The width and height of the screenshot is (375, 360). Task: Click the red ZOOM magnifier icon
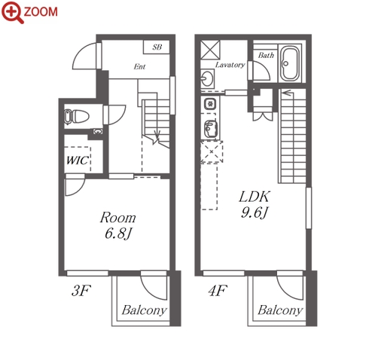tap(13, 12)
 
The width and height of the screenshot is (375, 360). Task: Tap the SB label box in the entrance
tap(157, 47)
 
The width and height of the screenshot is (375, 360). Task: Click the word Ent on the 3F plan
tap(139, 66)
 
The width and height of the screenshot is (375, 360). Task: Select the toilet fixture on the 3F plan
tap(77, 117)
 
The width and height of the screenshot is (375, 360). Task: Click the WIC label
tap(78, 160)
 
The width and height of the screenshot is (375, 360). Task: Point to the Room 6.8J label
tap(118, 225)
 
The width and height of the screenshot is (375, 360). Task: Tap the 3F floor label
tap(81, 291)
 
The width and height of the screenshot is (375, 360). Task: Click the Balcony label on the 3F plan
tap(145, 310)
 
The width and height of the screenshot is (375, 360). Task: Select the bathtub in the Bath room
tap(289, 63)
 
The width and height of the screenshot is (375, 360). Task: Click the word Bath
tap(266, 55)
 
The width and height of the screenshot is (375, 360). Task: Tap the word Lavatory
tap(230, 65)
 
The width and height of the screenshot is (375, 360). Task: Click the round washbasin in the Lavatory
tap(207, 78)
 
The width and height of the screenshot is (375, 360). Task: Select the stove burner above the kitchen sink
tap(210, 104)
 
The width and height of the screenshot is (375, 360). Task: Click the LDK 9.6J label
tap(255, 204)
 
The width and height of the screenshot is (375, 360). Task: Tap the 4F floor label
tap(218, 291)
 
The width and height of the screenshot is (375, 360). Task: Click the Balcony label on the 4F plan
tap(280, 310)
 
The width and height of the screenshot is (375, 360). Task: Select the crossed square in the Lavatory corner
tap(210, 50)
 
